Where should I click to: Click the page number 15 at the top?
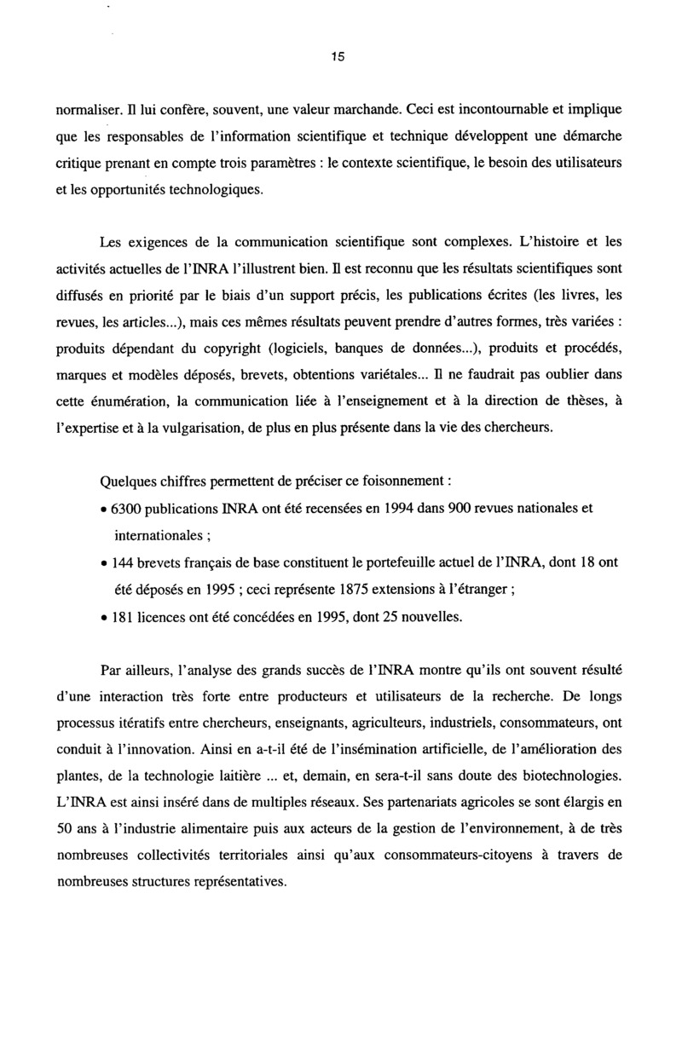click(338, 57)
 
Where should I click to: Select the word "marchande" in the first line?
click(361, 109)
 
